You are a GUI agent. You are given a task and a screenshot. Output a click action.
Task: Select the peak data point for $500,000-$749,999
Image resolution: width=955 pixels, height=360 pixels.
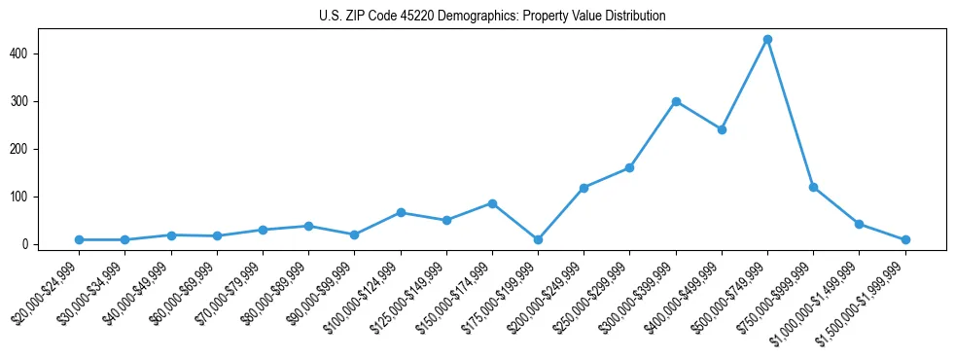click(x=767, y=39)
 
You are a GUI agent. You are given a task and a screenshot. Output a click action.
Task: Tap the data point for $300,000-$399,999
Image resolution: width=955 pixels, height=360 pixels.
click(x=675, y=101)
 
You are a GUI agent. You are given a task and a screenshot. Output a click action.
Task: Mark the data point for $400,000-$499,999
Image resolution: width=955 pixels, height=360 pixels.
click(x=722, y=129)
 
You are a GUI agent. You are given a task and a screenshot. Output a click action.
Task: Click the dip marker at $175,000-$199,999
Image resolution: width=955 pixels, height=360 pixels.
click(x=538, y=239)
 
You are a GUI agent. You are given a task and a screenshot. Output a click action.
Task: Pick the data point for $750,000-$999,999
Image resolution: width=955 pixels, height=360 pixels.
click(x=813, y=187)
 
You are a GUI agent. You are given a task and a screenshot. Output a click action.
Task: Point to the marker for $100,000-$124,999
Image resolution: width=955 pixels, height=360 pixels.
click(x=401, y=212)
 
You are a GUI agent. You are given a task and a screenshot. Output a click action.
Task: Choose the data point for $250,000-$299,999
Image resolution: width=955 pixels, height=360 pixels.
click(x=629, y=167)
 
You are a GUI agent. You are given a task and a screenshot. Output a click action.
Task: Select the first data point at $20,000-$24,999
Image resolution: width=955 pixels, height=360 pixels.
click(x=79, y=239)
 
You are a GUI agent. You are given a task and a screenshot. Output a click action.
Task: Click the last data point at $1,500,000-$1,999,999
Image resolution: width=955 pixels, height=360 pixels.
click(x=905, y=239)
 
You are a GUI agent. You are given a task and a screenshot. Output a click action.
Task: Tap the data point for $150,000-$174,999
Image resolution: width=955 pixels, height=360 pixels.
click(x=492, y=203)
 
